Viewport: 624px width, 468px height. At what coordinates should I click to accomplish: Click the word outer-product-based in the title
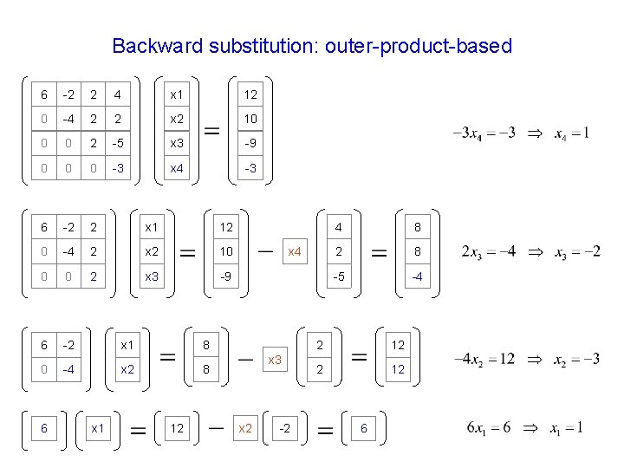(419, 46)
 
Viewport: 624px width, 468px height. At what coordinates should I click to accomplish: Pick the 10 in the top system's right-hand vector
(250, 119)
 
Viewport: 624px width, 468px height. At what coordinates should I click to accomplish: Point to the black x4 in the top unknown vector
(177, 168)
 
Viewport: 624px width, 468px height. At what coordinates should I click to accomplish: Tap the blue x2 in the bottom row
(244, 429)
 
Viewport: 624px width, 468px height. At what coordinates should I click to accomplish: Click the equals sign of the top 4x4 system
(211, 131)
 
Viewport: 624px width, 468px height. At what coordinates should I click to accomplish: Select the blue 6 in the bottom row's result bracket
(365, 429)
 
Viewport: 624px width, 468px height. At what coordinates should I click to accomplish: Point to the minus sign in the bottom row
(215, 427)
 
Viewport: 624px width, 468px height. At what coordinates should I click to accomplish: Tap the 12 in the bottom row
(177, 429)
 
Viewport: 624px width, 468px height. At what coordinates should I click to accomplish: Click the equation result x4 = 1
(572, 133)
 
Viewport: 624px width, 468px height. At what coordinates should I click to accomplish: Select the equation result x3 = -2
(573, 251)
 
